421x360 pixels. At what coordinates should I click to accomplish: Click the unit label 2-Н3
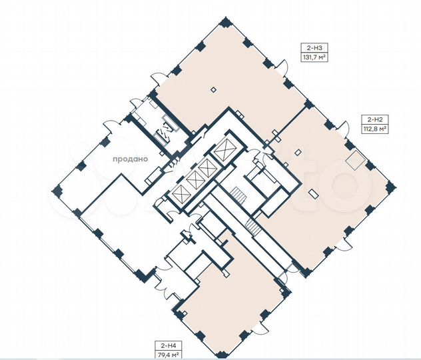(x=314, y=48)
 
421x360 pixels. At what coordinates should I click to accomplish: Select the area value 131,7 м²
(x=314, y=57)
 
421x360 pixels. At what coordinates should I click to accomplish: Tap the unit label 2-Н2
(x=374, y=119)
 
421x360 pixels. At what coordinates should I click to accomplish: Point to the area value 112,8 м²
(x=374, y=129)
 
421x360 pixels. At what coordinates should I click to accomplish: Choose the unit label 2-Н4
(x=168, y=345)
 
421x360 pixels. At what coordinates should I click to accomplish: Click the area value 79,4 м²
(x=168, y=354)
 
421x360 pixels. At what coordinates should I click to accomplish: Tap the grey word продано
(x=130, y=159)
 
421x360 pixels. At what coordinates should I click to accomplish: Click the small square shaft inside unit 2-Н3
(x=213, y=90)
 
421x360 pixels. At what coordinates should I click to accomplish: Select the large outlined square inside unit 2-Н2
(x=356, y=160)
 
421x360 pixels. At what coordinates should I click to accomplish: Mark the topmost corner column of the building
(x=225, y=21)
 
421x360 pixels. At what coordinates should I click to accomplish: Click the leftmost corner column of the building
(x=57, y=190)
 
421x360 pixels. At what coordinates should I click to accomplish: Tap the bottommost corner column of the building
(x=220, y=355)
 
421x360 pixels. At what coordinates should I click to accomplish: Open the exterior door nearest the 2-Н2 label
(x=344, y=127)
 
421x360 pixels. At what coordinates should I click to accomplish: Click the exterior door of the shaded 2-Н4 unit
(x=260, y=328)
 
